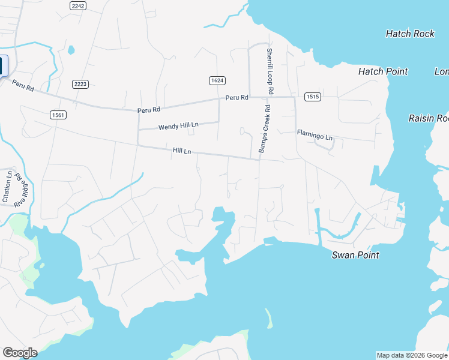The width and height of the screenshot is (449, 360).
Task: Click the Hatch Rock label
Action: [x=410, y=34]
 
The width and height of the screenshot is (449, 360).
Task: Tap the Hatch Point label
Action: [x=383, y=71]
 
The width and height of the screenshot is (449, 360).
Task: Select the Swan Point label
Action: [x=356, y=255]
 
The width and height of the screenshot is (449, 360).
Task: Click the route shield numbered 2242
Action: [x=78, y=5]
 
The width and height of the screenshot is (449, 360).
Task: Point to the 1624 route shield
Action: [x=217, y=80]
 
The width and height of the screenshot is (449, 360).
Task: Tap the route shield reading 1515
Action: [x=312, y=96]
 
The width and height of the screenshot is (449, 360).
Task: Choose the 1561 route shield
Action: [x=59, y=115]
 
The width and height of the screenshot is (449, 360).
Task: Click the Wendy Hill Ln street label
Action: [x=178, y=127]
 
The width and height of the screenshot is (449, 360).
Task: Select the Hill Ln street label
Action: [x=182, y=151]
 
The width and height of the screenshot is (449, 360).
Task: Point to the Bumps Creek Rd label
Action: [x=265, y=129]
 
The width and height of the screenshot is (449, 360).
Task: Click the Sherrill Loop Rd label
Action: [x=270, y=71]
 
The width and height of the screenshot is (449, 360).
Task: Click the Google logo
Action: [x=20, y=353]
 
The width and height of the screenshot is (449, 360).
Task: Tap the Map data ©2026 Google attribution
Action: [x=412, y=355]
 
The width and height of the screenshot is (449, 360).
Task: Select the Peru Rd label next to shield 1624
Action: [x=237, y=97]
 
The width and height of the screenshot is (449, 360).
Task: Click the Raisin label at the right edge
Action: [x=429, y=118]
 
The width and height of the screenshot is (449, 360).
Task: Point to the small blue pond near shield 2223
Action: [x=71, y=50]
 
